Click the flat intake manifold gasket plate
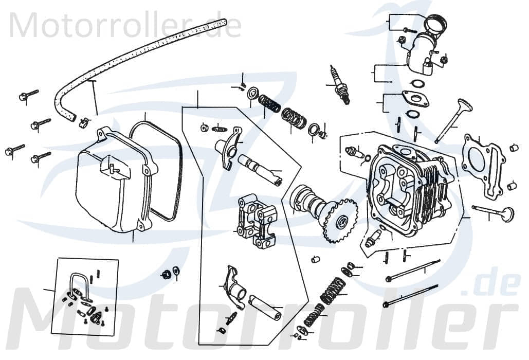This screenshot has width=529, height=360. click(415, 98)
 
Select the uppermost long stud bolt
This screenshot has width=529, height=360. click(413, 271)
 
